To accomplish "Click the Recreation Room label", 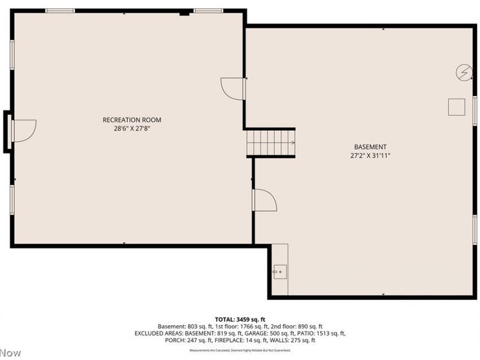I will (x=132, y=120).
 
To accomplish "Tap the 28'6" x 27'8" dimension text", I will (x=132, y=128).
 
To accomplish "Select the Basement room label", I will (x=370, y=147).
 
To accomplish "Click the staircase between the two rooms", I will (x=271, y=143).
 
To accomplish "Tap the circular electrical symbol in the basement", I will (x=463, y=72).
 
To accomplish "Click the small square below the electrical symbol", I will (x=457, y=107).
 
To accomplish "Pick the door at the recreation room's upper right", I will (x=233, y=88).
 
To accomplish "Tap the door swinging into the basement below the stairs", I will (x=264, y=200).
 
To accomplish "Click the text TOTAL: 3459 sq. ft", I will (x=240, y=319).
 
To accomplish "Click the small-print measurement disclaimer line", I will (x=240, y=350).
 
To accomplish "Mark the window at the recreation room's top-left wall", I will (x=60, y=11).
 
